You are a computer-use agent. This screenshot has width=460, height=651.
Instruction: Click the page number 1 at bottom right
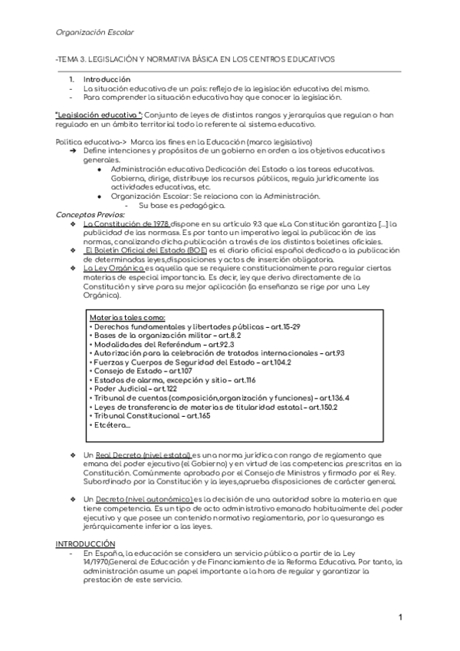[401, 618]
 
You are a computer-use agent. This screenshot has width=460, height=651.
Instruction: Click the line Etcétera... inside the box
[110, 425]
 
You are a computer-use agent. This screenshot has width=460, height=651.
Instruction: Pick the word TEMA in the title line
[70, 60]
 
